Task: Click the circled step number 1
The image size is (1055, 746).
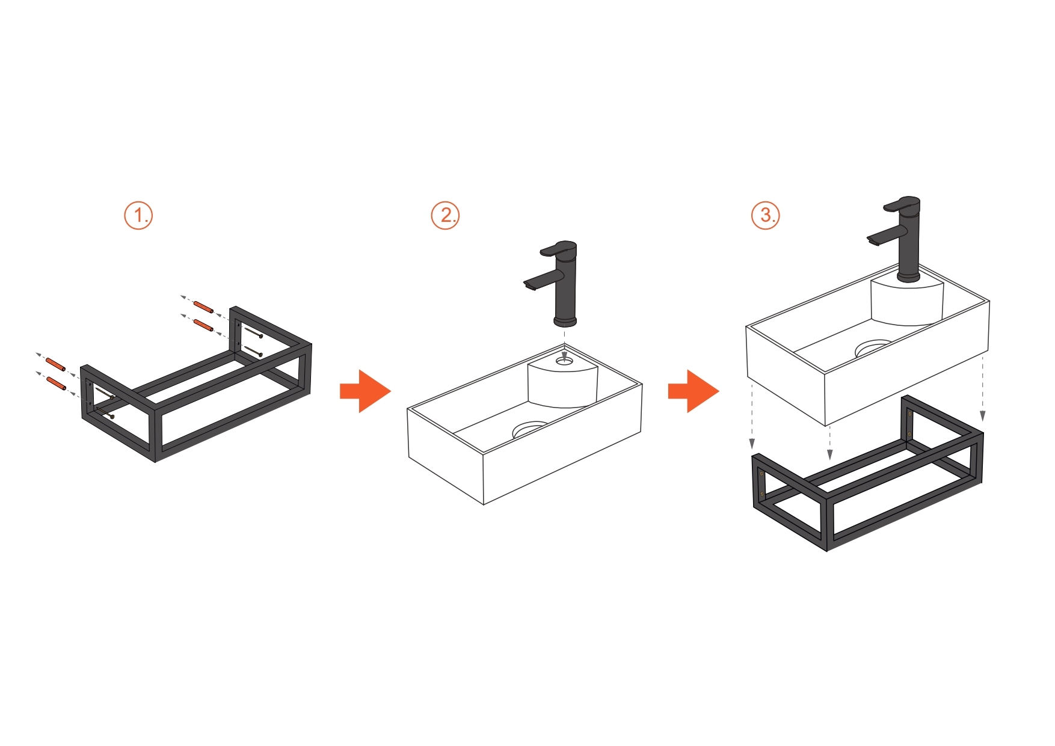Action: (x=138, y=215)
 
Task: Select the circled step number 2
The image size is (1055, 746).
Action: (x=445, y=215)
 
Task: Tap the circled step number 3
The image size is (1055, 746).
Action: (x=766, y=215)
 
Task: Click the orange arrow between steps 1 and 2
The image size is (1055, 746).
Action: (x=365, y=391)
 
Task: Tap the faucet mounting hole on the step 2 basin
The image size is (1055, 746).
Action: (x=564, y=361)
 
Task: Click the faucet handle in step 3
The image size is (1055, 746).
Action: (x=902, y=204)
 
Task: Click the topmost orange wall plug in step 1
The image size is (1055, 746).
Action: (x=203, y=307)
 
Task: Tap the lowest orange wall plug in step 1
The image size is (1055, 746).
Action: (x=56, y=384)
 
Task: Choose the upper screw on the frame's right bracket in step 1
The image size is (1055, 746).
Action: (x=253, y=332)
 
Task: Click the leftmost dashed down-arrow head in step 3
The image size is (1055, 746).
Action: (x=752, y=444)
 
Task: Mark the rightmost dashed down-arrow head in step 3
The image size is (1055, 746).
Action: (x=983, y=416)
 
